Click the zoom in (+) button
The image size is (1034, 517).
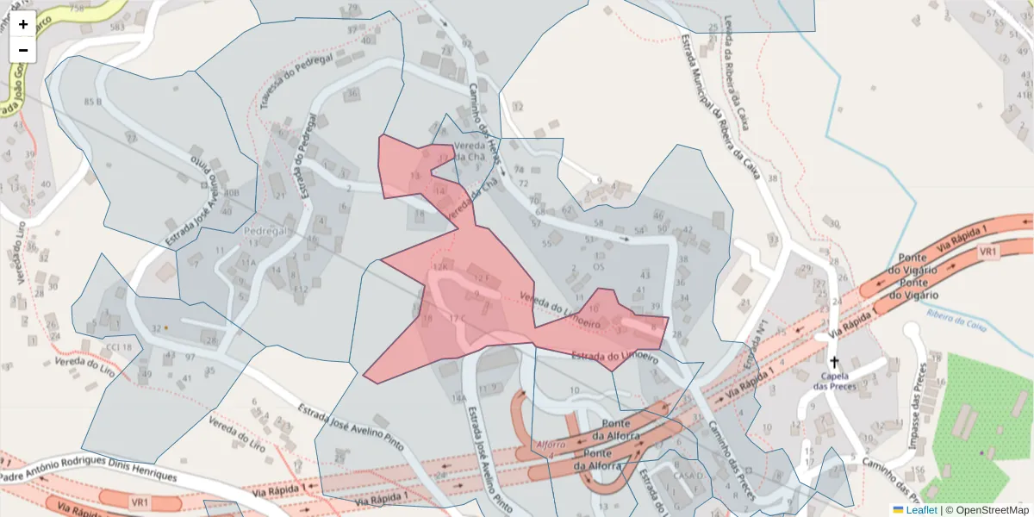pos(23,24)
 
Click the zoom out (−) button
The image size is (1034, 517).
pos(23,50)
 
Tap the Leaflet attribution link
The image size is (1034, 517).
pos(921,510)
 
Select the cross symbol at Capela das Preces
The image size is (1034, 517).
pos(833,362)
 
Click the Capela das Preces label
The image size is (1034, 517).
pos(833,381)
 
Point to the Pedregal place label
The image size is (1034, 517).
pos(265,232)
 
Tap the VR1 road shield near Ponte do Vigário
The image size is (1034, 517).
pos(987,252)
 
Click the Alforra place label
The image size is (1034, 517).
pos(551,445)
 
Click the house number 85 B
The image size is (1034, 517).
pos(93,102)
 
